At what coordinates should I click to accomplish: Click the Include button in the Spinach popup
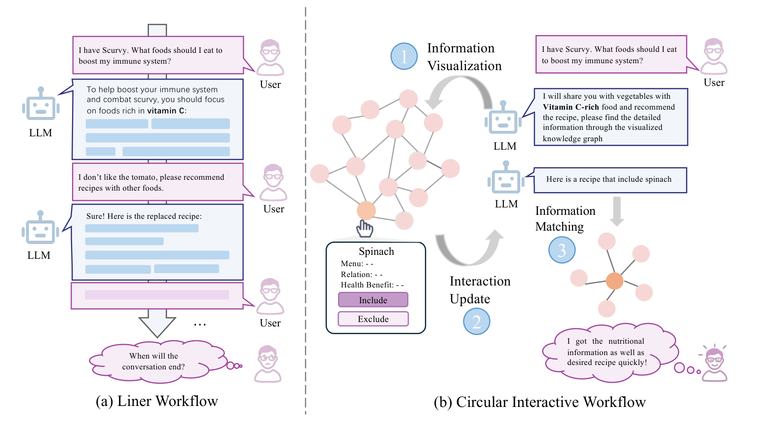pyautogui.click(x=373, y=300)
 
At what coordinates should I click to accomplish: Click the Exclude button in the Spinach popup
pyautogui.click(x=373, y=319)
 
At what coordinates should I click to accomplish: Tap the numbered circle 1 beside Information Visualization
pyautogui.click(x=404, y=56)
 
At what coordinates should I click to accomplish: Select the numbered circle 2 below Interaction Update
pyautogui.click(x=476, y=322)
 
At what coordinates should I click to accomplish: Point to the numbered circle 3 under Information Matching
pyautogui.click(x=562, y=250)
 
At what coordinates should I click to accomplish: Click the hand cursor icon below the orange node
pyautogui.click(x=365, y=229)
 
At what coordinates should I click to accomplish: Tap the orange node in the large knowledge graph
pyautogui.click(x=366, y=210)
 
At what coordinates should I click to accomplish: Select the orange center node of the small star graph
pyautogui.click(x=614, y=281)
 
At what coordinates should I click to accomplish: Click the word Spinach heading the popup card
pyautogui.click(x=376, y=251)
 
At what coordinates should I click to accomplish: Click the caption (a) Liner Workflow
pyautogui.click(x=156, y=401)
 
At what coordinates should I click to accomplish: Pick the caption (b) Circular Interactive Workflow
pyautogui.click(x=539, y=402)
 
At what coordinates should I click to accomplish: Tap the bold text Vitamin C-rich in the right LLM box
pyautogui.click(x=571, y=107)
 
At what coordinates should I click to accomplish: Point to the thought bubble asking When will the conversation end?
pyautogui.click(x=154, y=362)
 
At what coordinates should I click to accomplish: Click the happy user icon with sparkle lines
pyautogui.click(x=714, y=363)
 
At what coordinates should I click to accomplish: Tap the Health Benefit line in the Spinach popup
pyautogui.click(x=372, y=285)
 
